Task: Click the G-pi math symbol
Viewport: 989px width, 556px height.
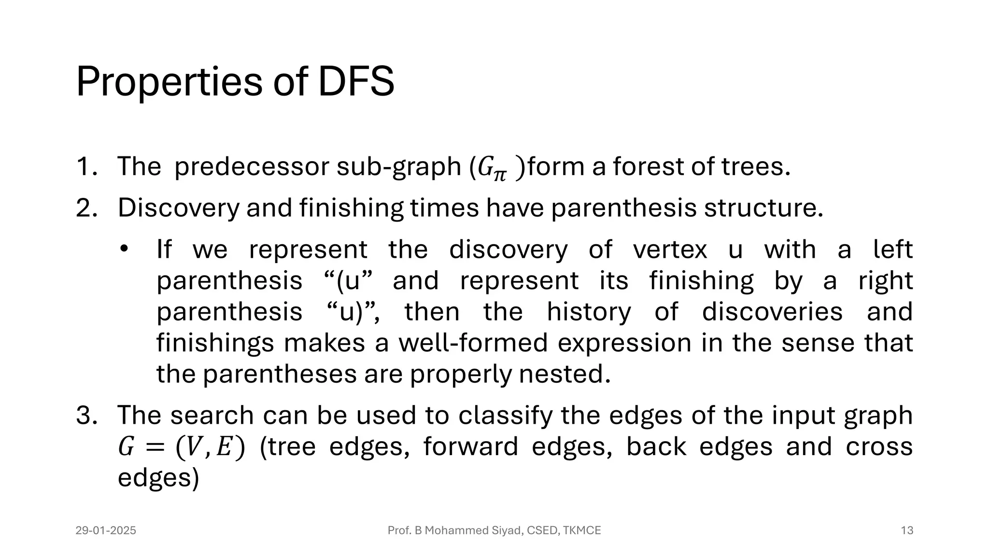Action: pyautogui.click(x=492, y=169)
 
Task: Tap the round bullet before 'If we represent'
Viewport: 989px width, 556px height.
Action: pyautogui.click(x=124, y=250)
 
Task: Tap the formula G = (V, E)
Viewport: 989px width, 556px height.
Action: pyautogui.click(x=182, y=447)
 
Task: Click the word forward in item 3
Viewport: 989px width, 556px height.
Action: pyautogui.click(x=470, y=446)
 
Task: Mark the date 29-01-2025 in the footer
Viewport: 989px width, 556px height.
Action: pyautogui.click(x=106, y=530)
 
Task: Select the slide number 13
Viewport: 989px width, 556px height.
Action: pyautogui.click(x=907, y=530)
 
